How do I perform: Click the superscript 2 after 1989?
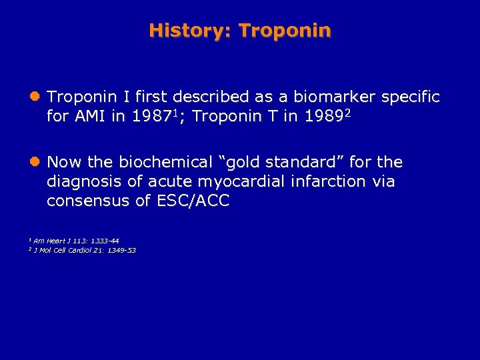[347, 113]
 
